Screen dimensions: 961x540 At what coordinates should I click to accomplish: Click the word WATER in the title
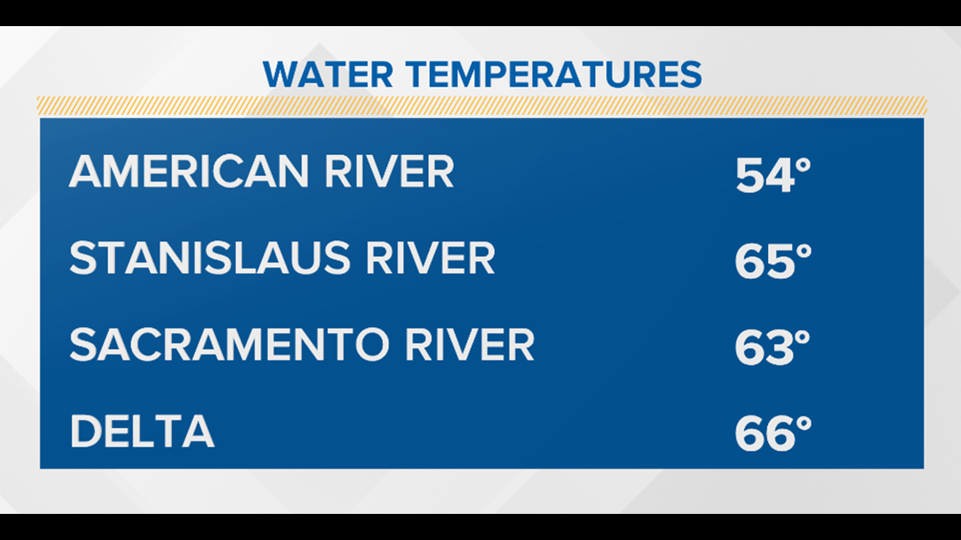click(328, 75)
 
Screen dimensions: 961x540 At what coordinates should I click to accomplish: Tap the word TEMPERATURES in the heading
click(555, 75)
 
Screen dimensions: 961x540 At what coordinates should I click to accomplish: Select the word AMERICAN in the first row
click(189, 171)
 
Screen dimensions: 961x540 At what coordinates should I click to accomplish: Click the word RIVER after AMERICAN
click(389, 171)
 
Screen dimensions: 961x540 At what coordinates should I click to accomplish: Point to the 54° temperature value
click(773, 175)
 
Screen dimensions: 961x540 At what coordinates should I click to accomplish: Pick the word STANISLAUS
click(210, 258)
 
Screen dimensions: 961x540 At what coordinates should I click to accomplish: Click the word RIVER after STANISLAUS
click(430, 258)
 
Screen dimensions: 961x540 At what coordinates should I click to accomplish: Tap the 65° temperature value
click(774, 261)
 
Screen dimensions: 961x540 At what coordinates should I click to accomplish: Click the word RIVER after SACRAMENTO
click(470, 345)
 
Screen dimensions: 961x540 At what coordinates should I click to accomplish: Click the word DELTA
click(142, 431)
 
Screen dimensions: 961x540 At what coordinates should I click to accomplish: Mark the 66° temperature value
click(774, 434)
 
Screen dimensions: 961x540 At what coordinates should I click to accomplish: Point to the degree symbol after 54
click(803, 166)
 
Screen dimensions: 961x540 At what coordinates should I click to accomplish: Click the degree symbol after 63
click(803, 339)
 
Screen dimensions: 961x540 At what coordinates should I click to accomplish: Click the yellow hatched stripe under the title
click(481, 105)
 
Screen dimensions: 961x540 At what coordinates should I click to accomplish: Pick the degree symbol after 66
click(804, 425)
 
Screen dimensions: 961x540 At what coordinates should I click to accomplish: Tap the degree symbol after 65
click(804, 252)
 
